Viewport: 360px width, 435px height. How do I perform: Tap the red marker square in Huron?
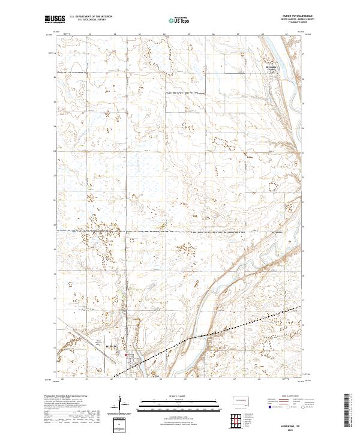125,356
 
